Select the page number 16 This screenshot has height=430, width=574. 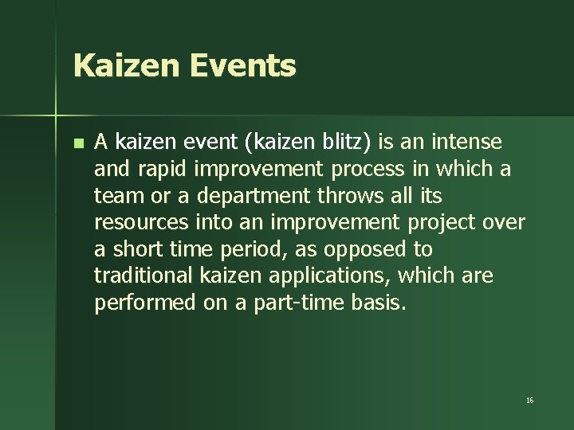click(x=529, y=400)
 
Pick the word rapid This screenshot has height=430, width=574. click(x=151, y=169)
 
